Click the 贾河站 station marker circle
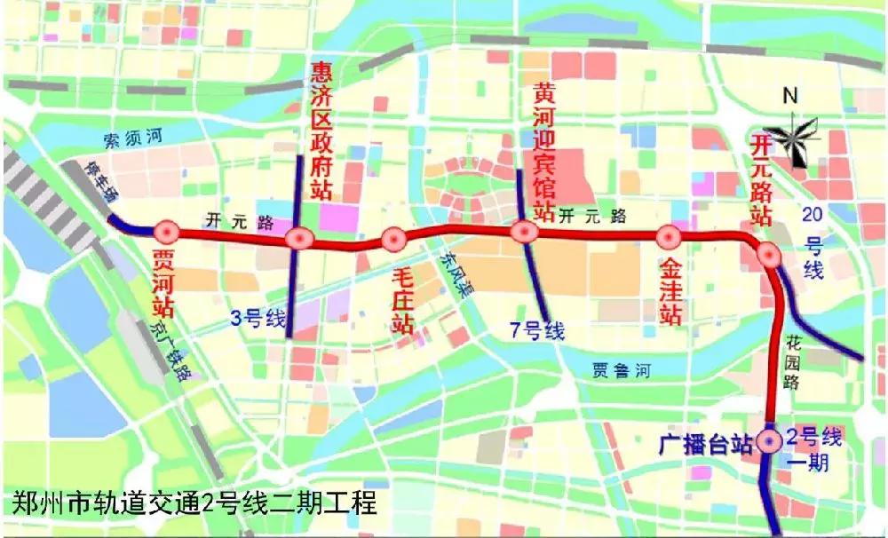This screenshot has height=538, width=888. pos(166,232)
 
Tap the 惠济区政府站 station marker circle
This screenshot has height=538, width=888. pos(299,238)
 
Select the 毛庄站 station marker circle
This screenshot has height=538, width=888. pos(393,239)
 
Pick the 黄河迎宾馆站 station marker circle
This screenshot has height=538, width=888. pos(524,233)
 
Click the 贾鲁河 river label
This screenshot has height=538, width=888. pos(621,371)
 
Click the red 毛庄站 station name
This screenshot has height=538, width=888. pos(403,303)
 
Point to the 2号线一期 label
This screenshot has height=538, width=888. pos(808,447)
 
